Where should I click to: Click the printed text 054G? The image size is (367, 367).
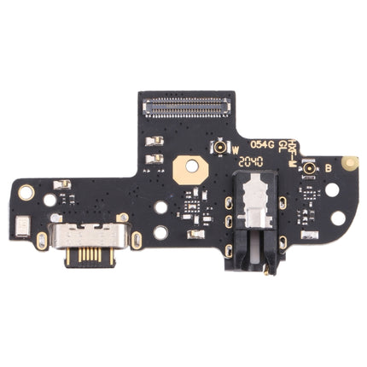[261, 144]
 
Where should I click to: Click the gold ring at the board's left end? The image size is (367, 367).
[26, 192]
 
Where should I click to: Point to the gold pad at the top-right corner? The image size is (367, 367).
[349, 161]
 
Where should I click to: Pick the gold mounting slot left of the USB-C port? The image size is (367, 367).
[41, 240]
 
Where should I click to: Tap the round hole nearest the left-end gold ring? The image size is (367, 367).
[50, 200]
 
